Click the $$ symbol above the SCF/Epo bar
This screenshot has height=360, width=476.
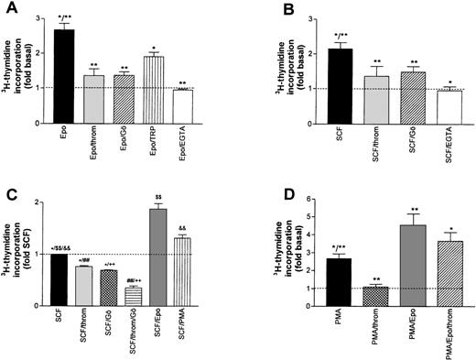click(x=158, y=196)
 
